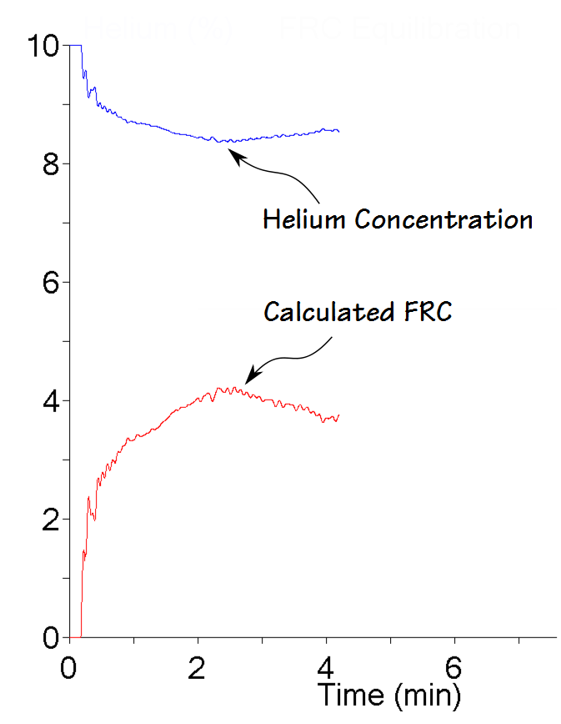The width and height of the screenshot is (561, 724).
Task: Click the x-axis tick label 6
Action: tap(455, 667)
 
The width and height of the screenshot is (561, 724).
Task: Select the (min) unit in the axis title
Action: tap(428, 694)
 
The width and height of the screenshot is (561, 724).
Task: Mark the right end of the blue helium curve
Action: tap(338, 131)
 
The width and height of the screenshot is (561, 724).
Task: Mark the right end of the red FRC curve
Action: tap(338, 415)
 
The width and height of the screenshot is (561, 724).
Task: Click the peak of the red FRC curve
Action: tap(218, 388)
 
